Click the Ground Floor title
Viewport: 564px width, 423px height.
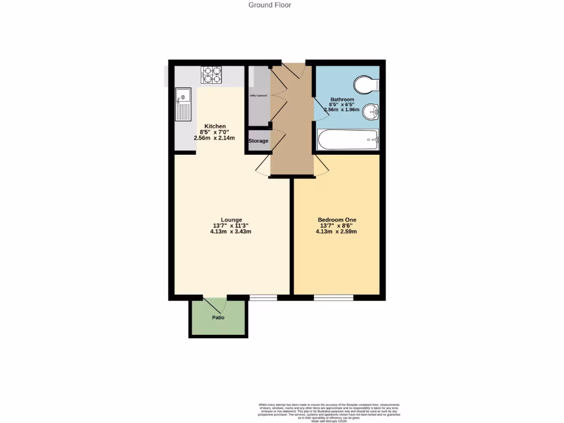(269, 5)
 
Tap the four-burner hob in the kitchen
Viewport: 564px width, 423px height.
(211, 74)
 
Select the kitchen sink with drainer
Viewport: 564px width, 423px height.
(183, 105)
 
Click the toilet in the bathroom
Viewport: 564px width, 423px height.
(366, 84)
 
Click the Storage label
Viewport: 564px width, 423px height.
(258, 141)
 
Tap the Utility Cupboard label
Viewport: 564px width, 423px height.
(258, 95)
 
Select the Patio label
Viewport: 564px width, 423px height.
(218, 318)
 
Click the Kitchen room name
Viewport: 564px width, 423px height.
(215, 126)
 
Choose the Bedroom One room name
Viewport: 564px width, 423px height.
(337, 220)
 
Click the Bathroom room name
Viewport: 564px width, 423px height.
(342, 99)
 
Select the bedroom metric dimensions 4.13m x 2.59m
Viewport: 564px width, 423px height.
(336, 232)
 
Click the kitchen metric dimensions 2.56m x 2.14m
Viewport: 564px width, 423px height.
(214, 138)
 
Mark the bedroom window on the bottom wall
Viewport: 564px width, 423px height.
(334, 297)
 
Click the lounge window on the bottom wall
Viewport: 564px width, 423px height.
(263, 297)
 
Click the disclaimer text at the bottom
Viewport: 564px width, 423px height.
(329, 412)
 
